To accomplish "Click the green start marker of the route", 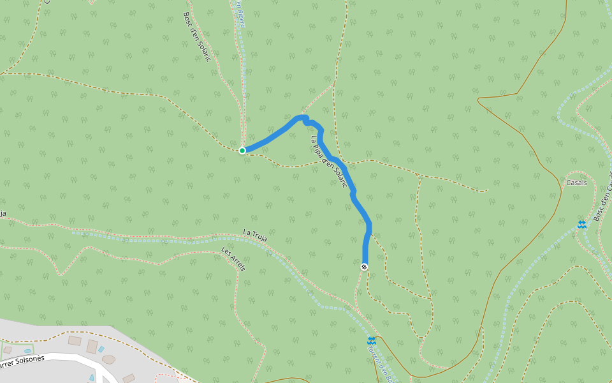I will click(242, 151).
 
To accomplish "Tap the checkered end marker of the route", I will click(365, 267).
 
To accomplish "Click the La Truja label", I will click(254, 235).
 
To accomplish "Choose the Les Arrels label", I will click(233, 259).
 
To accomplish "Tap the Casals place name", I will click(576, 183).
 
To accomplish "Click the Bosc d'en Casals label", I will click(602, 204).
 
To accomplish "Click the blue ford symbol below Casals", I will click(581, 224).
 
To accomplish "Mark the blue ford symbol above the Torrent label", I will click(372, 341).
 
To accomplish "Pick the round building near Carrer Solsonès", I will click(109, 359).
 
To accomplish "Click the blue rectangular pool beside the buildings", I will click(101, 350).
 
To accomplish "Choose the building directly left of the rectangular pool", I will click(92, 347).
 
